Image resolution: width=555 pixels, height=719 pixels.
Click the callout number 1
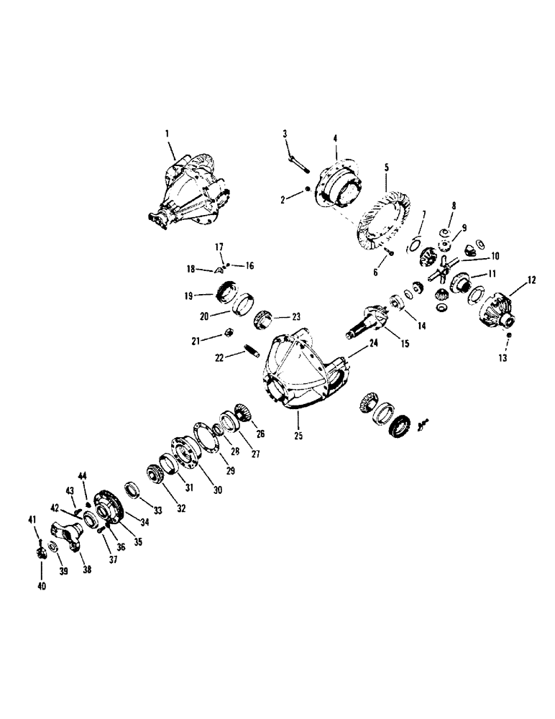coord(167,133)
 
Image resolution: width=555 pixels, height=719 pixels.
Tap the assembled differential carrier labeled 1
coord(189,188)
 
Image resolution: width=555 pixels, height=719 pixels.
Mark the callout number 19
coord(187,295)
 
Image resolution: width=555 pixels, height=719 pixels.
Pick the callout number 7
coord(424,214)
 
